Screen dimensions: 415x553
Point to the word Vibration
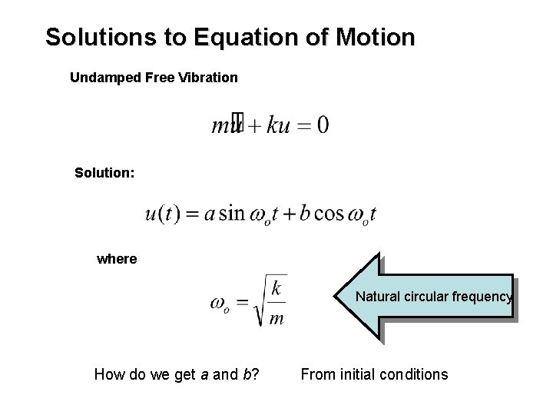coord(209,78)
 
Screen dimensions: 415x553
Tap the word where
coord(117,259)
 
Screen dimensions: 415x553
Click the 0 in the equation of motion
coord(323,124)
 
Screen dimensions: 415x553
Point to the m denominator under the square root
coord(276,317)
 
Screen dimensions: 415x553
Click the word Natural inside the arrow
coord(378,296)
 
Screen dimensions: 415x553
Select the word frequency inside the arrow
coord(482,296)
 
